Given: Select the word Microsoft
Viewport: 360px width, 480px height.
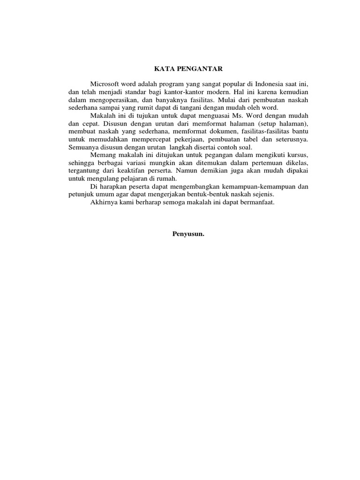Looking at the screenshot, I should [105, 83].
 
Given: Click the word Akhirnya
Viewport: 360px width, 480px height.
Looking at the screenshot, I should [104, 202].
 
